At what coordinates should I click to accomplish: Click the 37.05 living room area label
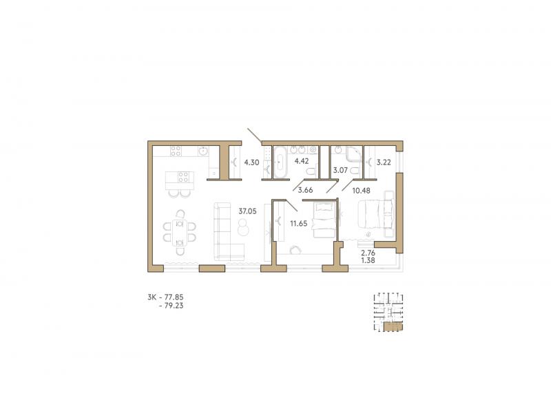pyautogui.click(x=247, y=211)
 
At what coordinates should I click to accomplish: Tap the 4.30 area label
pyautogui.click(x=251, y=162)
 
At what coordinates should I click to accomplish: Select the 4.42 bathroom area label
pyautogui.click(x=302, y=161)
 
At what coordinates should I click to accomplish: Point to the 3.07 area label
pyautogui.click(x=340, y=170)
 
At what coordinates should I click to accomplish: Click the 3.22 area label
pyautogui.click(x=384, y=162)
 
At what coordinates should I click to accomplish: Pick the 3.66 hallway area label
pyautogui.click(x=305, y=190)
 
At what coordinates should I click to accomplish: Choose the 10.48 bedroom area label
pyautogui.click(x=361, y=190)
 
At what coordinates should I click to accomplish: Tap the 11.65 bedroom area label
pyautogui.click(x=298, y=223)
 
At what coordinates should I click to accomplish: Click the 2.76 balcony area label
pyautogui.click(x=368, y=253)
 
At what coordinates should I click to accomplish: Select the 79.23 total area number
pyautogui.click(x=175, y=306)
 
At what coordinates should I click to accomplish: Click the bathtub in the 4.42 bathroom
pyautogui.click(x=280, y=162)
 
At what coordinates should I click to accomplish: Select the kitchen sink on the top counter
pyautogui.click(x=202, y=151)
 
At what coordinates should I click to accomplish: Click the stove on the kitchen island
pyautogui.click(x=183, y=177)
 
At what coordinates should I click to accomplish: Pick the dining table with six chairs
pyautogui.click(x=180, y=233)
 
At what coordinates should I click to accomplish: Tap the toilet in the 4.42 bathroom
pyautogui.click(x=311, y=171)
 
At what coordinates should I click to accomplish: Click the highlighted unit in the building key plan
pyautogui.click(x=393, y=327)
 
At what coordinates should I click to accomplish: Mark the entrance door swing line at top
pyautogui.click(x=255, y=136)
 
